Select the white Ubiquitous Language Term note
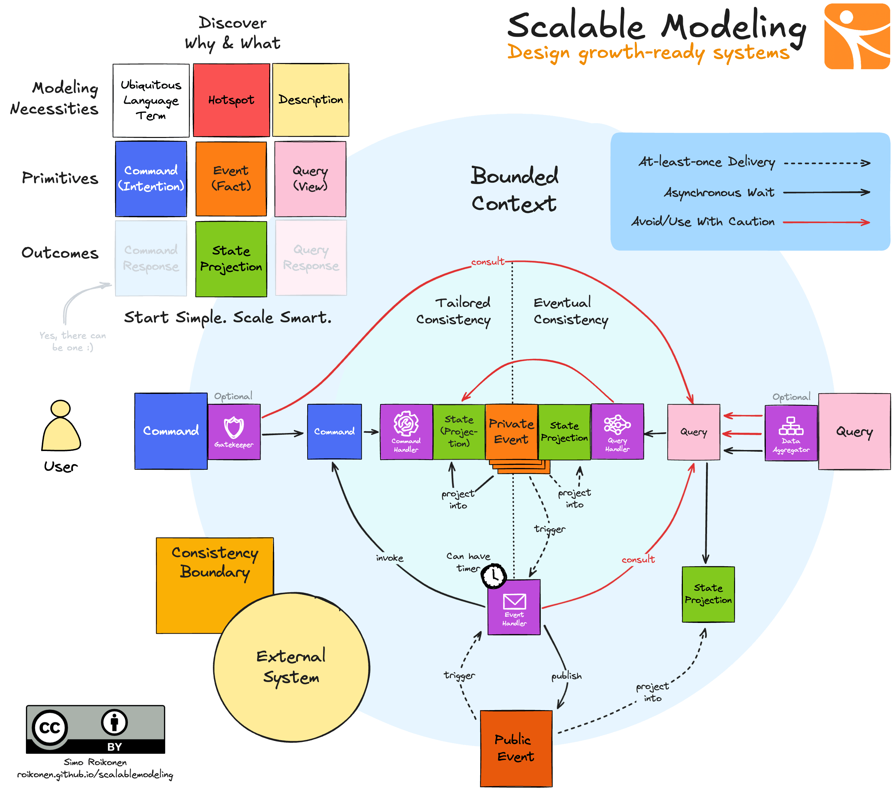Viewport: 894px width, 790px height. coord(151,100)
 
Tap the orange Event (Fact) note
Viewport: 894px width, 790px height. coord(231,178)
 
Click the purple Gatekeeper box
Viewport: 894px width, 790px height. coord(234,432)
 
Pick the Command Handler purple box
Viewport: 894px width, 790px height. coord(406,432)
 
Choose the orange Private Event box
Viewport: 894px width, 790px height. coord(511,432)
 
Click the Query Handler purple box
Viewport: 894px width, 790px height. coord(617,432)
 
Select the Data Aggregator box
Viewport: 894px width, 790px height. coord(791,432)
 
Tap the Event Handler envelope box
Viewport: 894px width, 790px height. coord(514,607)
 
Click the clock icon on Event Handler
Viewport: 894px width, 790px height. coord(494,576)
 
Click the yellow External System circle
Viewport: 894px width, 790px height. coord(291,668)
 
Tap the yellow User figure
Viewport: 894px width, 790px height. coord(61,427)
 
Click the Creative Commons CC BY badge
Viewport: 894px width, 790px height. coord(95,729)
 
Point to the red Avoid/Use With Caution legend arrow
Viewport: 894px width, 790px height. coord(826,222)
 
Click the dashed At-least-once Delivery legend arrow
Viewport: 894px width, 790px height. coord(826,163)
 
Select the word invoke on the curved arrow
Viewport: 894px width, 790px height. coord(389,558)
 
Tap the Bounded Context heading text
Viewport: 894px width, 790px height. coord(514,189)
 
